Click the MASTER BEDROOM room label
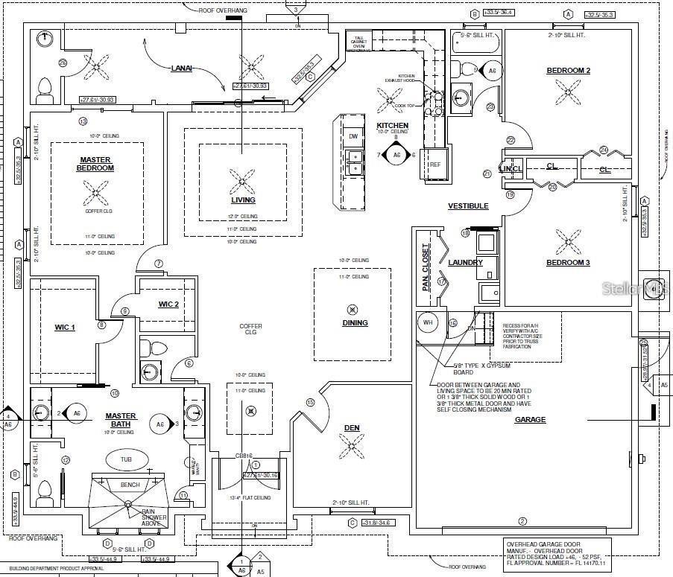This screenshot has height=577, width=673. tap(96, 164)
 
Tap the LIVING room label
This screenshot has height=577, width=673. tap(243, 200)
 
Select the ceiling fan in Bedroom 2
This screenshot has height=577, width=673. tap(568, 92)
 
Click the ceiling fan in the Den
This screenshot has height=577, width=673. tap(351, 446)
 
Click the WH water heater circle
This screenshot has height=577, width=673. tap(429, 323)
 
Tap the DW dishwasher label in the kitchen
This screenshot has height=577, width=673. tap(353, 136)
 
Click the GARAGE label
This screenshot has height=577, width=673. tap(530, 420)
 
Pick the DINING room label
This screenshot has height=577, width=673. tap(355, 323)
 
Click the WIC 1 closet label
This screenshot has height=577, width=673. tap(65, 327)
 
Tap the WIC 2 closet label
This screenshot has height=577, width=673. tap(168, 304)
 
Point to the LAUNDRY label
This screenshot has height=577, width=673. tap(465, 262)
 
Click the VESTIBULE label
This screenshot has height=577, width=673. tap(468, 206)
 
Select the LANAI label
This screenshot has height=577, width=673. tap(181, 68)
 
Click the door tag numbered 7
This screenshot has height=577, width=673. tap(159, 264)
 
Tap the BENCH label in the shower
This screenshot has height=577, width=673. tap(130, 485)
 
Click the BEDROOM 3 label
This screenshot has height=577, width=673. tap(568, 263)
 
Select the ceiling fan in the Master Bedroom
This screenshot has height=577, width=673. tap(95, 194)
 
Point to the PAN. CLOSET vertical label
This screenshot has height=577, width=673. tap(426, 267)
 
